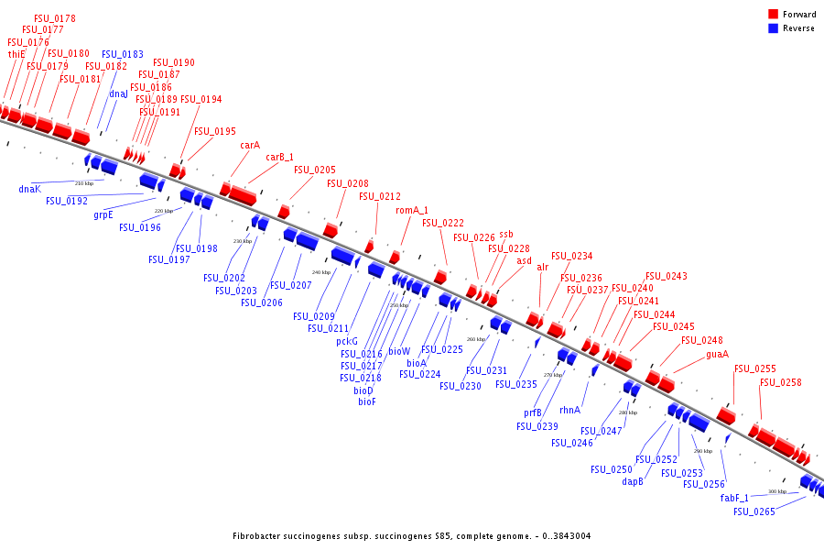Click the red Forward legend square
tap(773, 14)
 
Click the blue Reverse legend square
tap(773, 28)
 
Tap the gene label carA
tap(250, 145)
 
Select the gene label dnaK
tap(30, 189)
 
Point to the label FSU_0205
tap(314, 170)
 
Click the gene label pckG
tap(346, 341)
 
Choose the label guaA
tap(717, 354)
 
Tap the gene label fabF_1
tap(734, 498)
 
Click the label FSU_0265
tap(754, 511)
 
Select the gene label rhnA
tap(569, 410)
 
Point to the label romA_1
tap(412, 210)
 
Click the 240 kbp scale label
tap(321, 272)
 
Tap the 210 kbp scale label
tap(84, 183)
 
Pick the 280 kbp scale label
tap(627, 412)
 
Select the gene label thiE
tap(16, 54)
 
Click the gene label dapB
tap(633, 481)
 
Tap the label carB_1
tap(279, 157)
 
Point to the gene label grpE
tap(103, 215)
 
